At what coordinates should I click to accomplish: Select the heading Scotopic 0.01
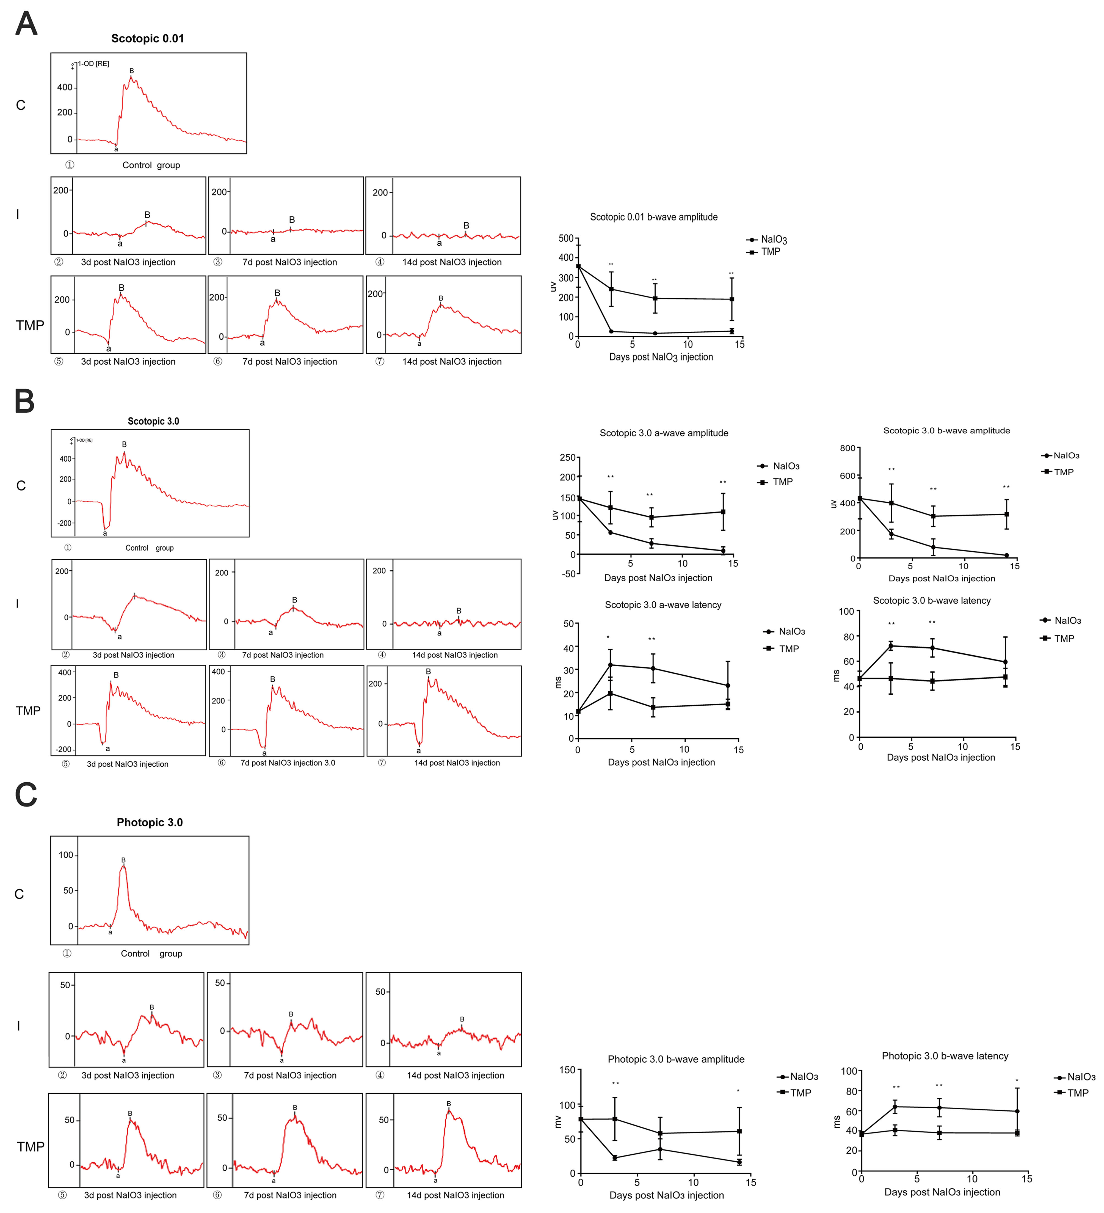coord(147,38)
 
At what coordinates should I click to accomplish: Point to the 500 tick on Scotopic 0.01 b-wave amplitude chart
coord(566,238)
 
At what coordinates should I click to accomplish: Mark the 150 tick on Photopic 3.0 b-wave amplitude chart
coord(567,1070)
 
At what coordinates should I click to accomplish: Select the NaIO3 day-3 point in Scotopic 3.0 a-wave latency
coord(611,665)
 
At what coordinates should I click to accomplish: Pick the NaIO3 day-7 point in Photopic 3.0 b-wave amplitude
coord(660,1149)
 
